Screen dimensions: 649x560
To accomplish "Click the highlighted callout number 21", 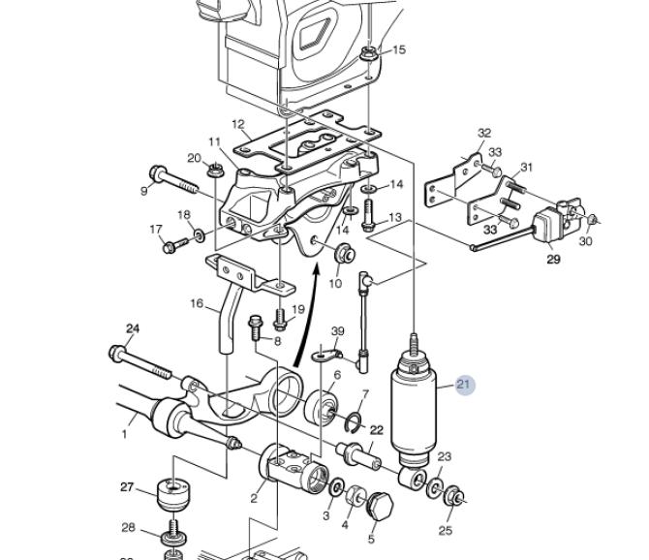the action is tap(463, 385).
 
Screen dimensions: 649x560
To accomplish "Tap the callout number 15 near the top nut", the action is tap(398, 49).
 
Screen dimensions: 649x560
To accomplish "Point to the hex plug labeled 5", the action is tap(380, 506).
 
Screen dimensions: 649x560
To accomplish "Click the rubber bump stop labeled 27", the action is tap(173, 495).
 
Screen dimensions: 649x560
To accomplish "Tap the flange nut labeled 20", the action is tap(213, 171).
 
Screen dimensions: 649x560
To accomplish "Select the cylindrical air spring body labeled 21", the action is tap(414, 406).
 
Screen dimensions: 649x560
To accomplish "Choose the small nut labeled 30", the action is tap(592, 219).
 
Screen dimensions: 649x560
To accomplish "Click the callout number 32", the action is tap(484, 134).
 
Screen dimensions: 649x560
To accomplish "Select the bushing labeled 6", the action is tap(322, 407).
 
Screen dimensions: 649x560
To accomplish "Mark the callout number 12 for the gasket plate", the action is tap(238, 124).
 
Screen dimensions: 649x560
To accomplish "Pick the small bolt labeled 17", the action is tap(175, 245).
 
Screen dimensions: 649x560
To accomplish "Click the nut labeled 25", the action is tap(454, 495).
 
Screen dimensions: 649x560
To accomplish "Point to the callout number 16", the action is tap(197, 303).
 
